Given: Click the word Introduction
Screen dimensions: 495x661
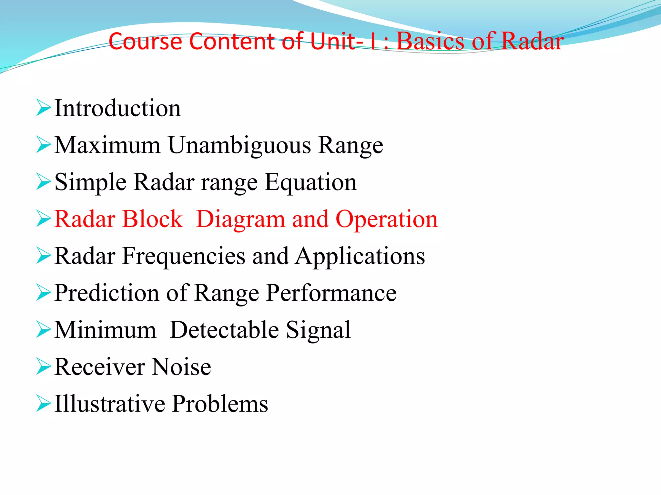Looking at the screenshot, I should point(117,108).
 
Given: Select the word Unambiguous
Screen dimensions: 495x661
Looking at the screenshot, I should point(239,145).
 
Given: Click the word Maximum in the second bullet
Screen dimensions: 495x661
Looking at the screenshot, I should point(107,145).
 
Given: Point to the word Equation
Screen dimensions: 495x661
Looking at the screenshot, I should point(311,183).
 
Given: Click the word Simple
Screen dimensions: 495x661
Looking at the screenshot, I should point(90,183).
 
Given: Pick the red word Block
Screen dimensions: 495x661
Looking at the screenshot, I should point(153,219).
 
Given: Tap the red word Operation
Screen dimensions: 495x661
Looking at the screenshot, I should point(387,219).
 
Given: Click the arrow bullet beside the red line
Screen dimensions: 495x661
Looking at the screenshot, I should point(44,219).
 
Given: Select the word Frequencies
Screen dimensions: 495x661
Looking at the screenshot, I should point(184,256).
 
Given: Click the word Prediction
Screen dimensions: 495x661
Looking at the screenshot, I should point(107,293).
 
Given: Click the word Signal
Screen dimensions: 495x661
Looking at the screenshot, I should point(318,331).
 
